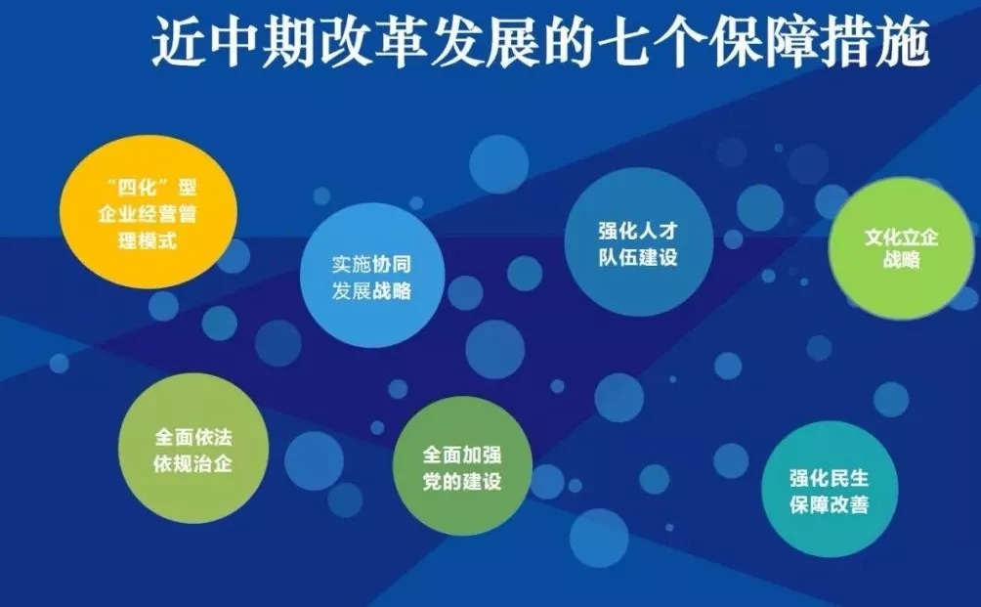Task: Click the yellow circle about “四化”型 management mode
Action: click(149, 211)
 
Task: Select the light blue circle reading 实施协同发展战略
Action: click(372, 276)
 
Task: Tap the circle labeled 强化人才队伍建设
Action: click(639, 241)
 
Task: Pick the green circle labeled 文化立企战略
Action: click(902, 248)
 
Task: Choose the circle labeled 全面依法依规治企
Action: click(193, 448)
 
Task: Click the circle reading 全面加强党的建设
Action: click(462, 466)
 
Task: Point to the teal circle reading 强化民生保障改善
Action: click(830, 489)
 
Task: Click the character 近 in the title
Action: click(178, 42)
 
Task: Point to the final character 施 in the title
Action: click(902, 42)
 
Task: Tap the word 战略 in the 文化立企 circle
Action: click(902, 259)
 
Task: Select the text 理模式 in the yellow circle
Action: click(148, 240)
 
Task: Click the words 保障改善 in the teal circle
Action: click(830, 505)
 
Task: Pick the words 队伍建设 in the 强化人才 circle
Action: click(638, 256)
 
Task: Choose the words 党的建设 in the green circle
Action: click(462, 482)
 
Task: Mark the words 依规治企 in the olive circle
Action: click(193, 463)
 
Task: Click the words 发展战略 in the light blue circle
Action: click(371, 291)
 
